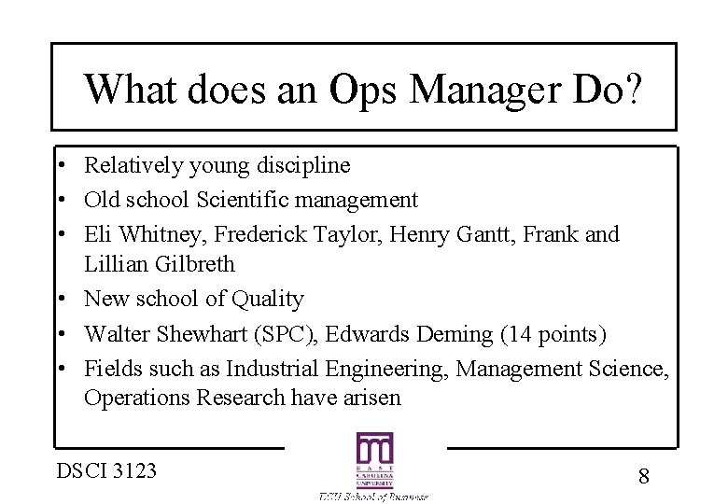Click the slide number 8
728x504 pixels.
643,476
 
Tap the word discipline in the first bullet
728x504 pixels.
294,166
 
